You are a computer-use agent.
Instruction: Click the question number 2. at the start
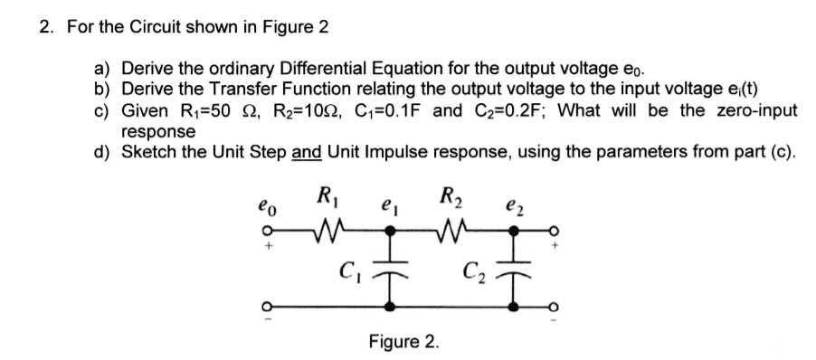coord(47,26)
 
